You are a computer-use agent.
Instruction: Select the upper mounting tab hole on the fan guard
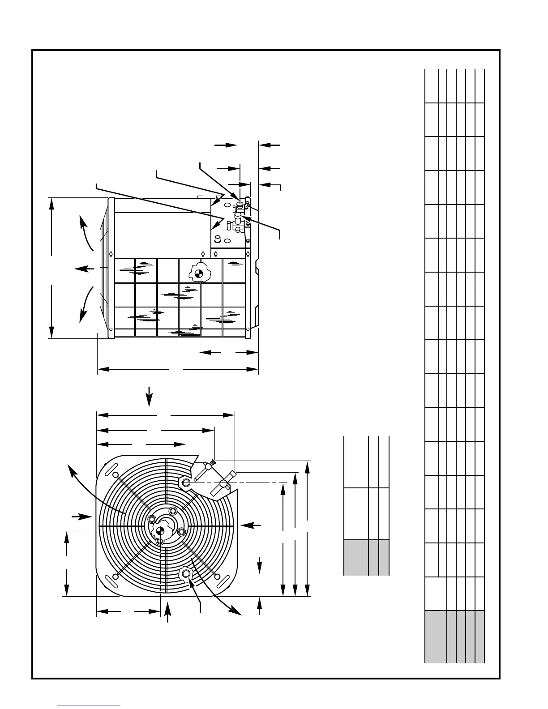[185, 482]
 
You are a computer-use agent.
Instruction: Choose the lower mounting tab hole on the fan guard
[186, 573]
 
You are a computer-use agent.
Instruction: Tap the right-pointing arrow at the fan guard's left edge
[81, 517]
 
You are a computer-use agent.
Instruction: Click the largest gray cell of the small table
[356, 557]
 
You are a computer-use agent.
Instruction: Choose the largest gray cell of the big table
[436, 636]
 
